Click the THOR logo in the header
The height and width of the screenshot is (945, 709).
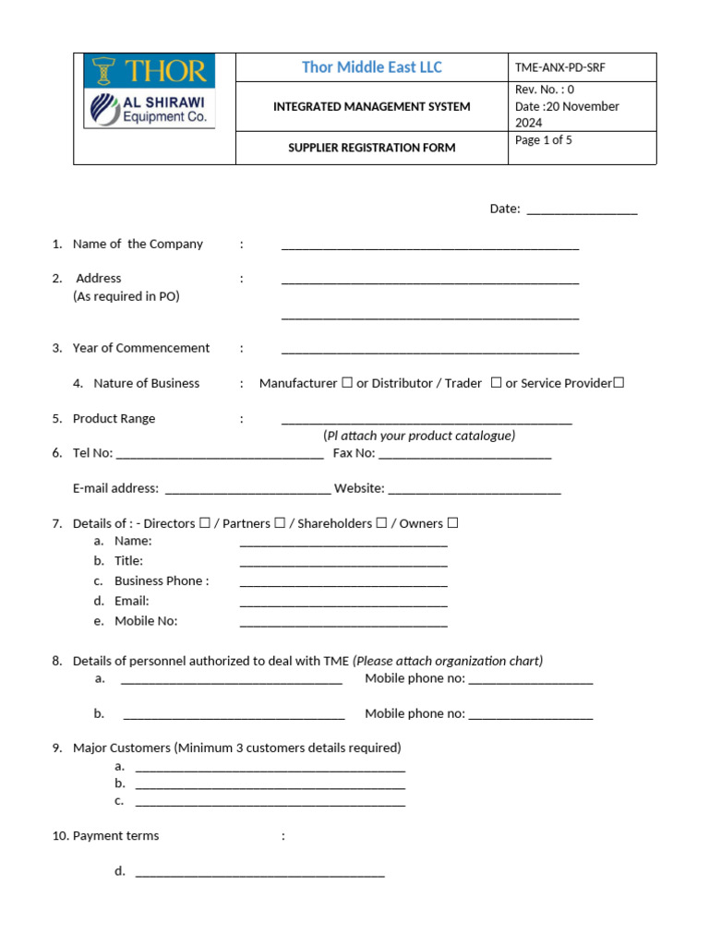tap(149, 71)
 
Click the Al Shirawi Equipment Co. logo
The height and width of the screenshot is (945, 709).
tap(149, 109)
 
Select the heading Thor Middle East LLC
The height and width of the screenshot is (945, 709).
tap(371, 67)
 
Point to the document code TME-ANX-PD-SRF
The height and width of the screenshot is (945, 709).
tap(560, 67)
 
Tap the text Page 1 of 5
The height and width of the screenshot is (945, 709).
tap(544, 140)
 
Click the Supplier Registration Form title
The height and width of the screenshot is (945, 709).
tap(371, 148)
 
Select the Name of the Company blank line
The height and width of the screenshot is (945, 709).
tap(429, 245)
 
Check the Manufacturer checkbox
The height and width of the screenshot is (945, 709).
tap(346, 383)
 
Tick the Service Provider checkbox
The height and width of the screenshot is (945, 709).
tap(619, 383)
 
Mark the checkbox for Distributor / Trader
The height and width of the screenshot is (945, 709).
tap(496, 383)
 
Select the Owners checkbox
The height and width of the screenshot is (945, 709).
tap(452, 523)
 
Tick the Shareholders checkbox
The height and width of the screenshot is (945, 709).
tap(380, 523)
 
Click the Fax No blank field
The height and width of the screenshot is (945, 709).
tap(464, 454)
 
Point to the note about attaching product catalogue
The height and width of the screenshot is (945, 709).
tap(419, 436)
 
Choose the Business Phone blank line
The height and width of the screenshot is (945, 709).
tap(343, 582)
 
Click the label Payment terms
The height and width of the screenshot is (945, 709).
tap(115, 836)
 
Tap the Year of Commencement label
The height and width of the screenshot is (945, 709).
tap(140, 348)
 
